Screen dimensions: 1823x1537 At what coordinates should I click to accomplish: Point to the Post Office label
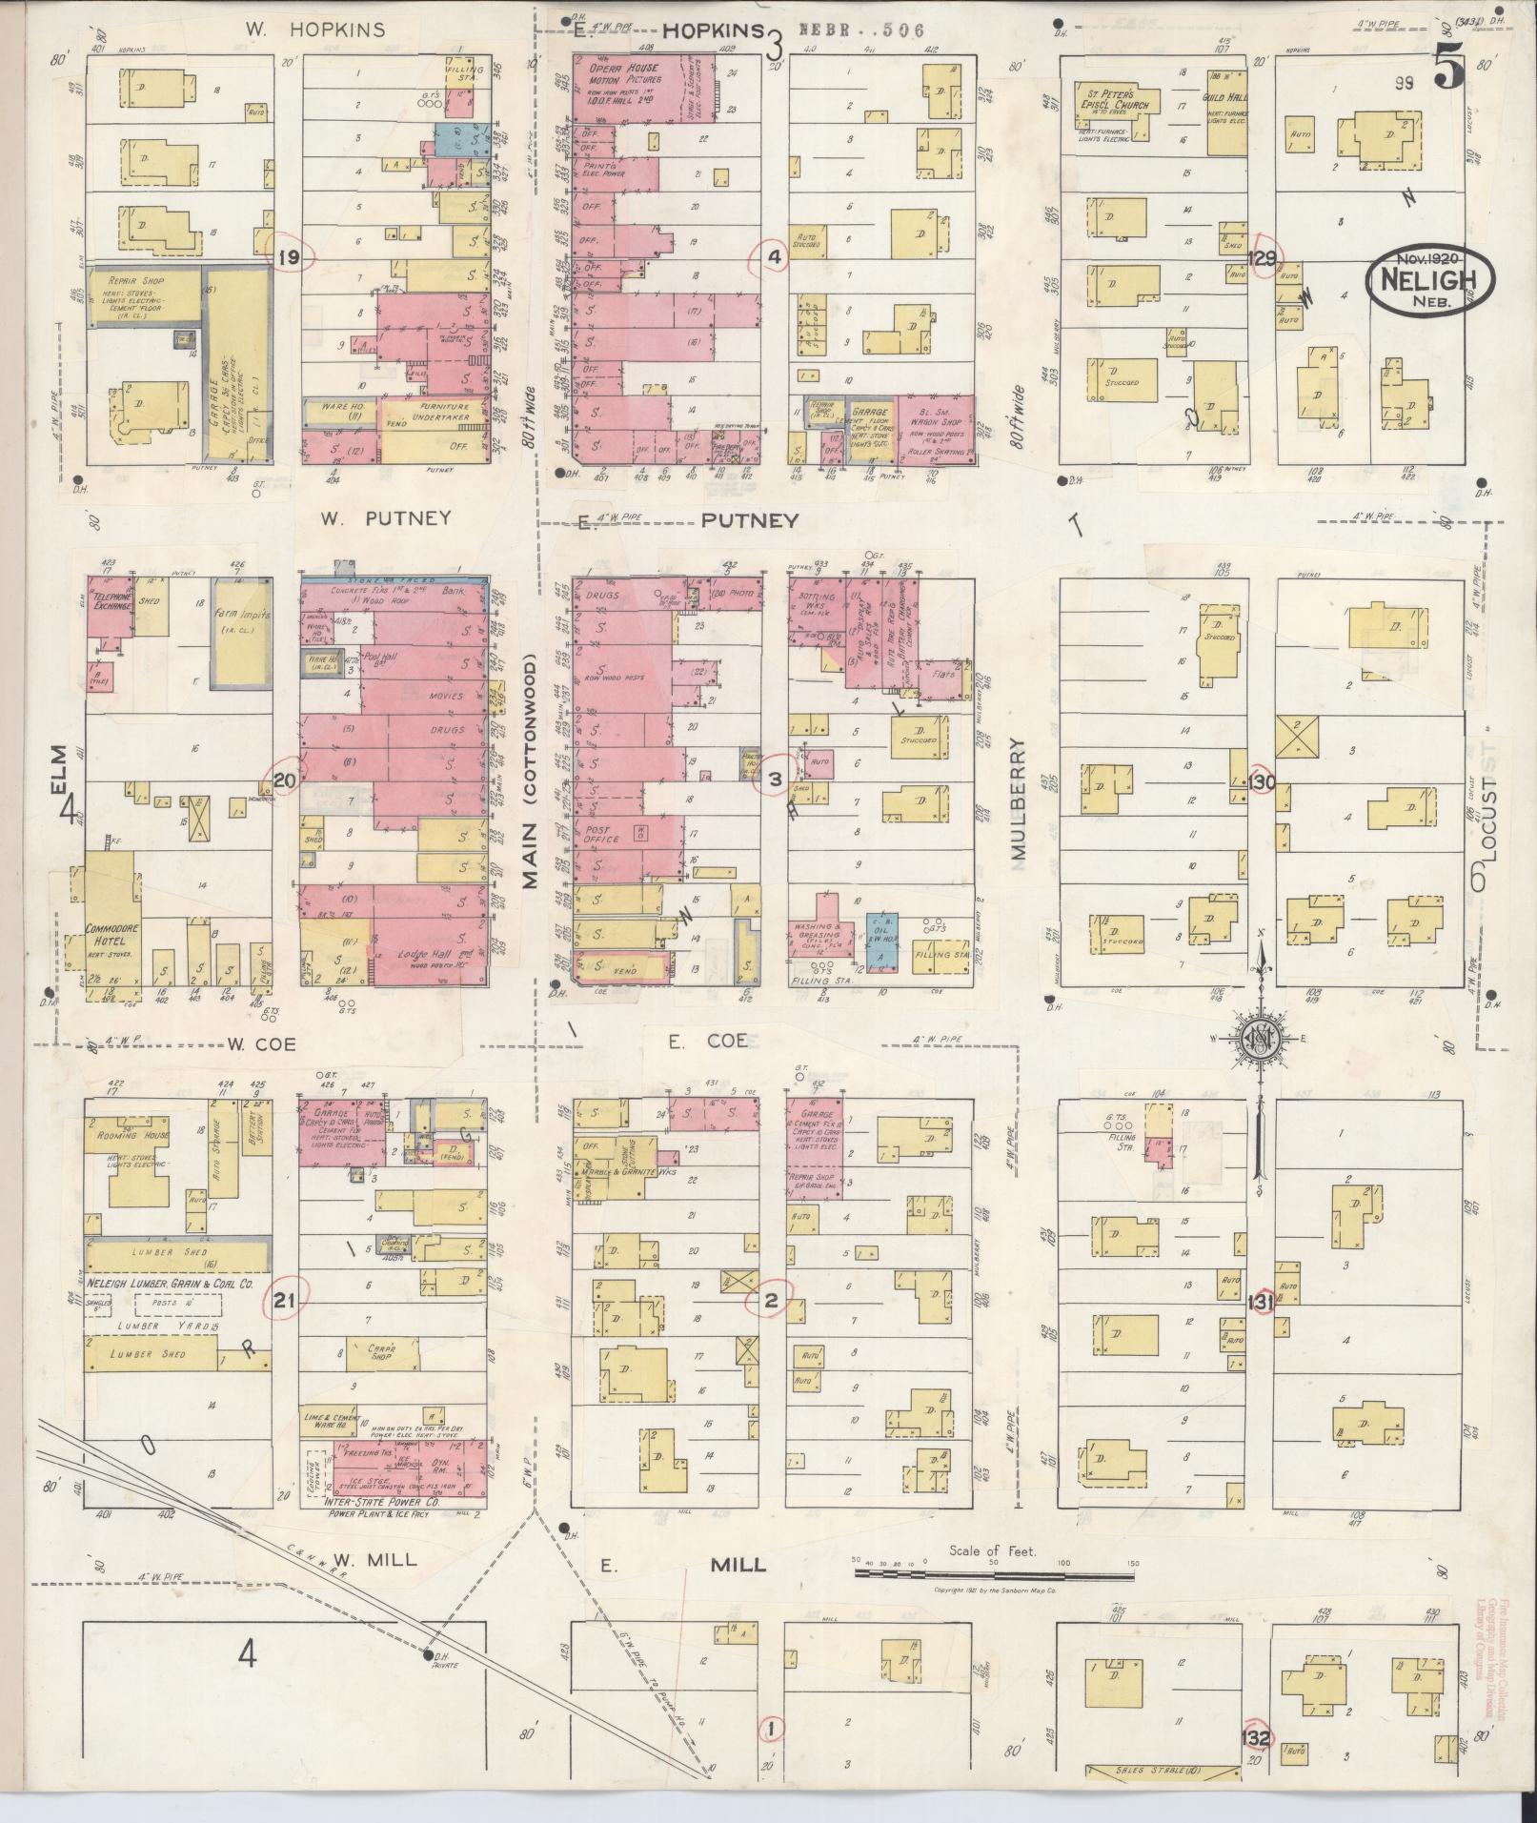point(600,835)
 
